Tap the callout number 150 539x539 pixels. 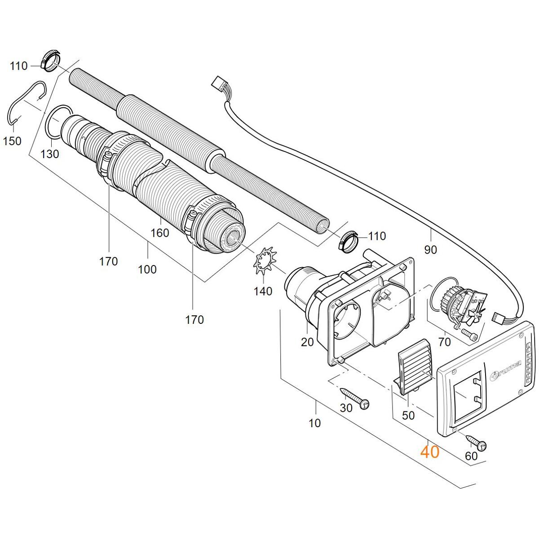[12, 141]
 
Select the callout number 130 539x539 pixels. [50, 154]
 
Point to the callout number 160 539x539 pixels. [160, 233]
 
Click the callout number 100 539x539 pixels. [147, 269]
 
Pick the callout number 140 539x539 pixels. [263, 291]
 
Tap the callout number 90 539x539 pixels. [430, 250]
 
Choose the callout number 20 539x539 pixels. [307, 342]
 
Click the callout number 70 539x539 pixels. [445, 342]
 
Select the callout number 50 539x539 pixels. [408, 415]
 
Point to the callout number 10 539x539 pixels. [314, 423]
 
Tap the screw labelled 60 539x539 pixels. [477, 442]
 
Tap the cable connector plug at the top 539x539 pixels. [220, 85]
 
